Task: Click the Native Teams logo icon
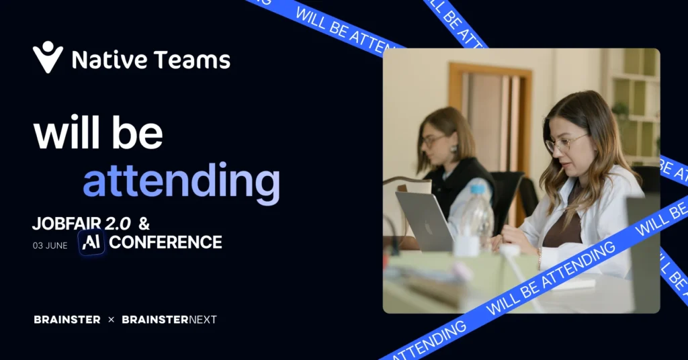[48, 57]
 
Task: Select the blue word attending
[181, 181]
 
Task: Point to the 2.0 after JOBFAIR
[118, 224]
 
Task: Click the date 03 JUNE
[50, 246]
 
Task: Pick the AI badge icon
[91, 242]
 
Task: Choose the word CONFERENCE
[165, 242]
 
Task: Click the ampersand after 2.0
[144, 224]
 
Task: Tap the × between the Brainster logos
[111, 320]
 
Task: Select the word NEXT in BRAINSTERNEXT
[203, 320]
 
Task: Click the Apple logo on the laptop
[429, 228]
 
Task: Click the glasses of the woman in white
[565, 143]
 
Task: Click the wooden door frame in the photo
[490, 69]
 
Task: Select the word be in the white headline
[137, 133]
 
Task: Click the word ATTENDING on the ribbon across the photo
[578, 266]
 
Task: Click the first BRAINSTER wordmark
[67, 320]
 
